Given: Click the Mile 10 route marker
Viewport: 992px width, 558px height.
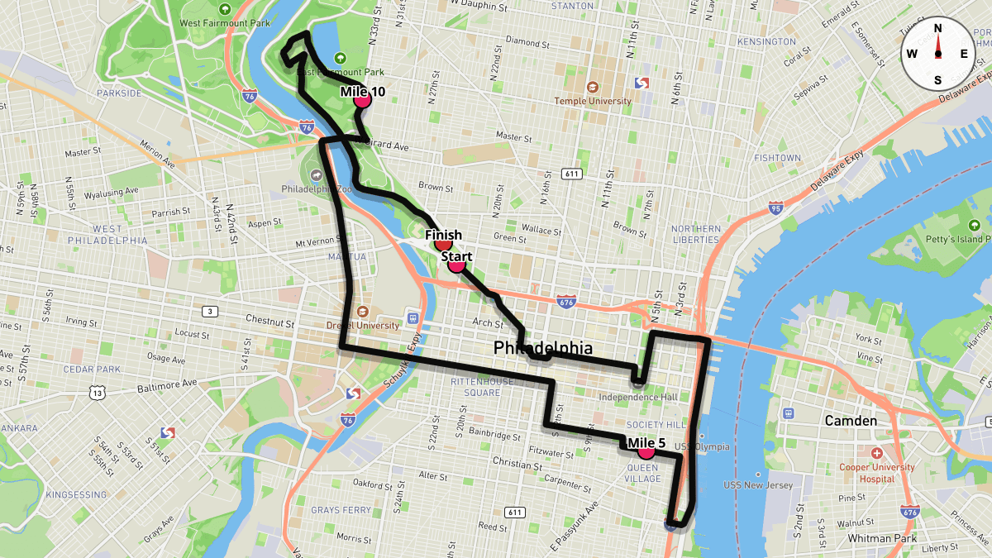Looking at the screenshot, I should pyautogui.click(x=362, y=100).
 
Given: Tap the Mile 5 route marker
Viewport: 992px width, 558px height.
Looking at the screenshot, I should pyautogui.click(x=646, y=451).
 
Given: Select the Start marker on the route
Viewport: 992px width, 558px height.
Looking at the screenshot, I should pyautogui.click(x=455, y=265).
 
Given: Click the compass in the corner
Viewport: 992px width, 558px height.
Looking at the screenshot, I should pyautogui.click(x=937, y=54).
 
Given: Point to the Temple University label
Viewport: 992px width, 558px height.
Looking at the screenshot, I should pyautogui.click(x=593, y=101).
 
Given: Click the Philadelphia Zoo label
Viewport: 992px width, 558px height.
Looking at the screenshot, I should pyautogui.click(x=317, y=188).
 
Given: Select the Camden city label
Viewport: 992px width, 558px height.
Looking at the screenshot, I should pyautogui.click(x=851, y=421).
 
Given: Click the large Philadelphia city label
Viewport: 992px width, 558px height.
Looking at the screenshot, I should pyautogui.click(x=543, y=348).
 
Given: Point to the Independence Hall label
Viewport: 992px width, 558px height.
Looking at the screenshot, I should pyautogui.click(x=637, y=398).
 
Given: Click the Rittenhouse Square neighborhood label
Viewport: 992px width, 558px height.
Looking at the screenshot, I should pyautogui.click(x=475, y=387).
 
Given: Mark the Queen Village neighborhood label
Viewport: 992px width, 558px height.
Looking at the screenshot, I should pyautogui.click(x=642, y=473).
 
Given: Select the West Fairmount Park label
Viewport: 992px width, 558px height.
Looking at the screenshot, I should pyautogui.click(x=225, y=23).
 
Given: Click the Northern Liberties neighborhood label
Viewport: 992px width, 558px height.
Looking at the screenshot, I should pyautogui.click(x=695, y=234).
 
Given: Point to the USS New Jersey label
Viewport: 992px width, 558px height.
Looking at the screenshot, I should pyautogui.click(x=757, y=485).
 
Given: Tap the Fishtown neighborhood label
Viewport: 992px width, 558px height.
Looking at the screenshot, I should pyautogui.click(x=777, y=157).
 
